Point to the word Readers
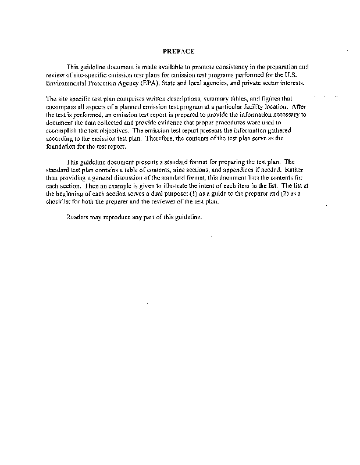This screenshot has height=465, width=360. coord(77,217)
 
